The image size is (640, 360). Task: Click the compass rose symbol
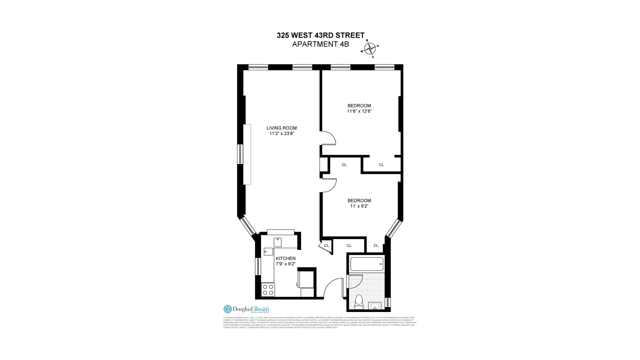[370, 49]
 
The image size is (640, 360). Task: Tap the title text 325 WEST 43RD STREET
[321, 35]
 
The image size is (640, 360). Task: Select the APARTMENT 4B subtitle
[321, 44]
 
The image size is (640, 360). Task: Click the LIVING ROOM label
[281, 128]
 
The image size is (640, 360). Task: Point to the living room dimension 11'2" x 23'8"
[282, 133]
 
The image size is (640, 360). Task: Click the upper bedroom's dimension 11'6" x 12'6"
[359, 111]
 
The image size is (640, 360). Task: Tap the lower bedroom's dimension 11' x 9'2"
[359, 206]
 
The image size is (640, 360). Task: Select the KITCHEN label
[285, 258]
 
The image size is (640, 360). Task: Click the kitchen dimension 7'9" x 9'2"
[286, 264]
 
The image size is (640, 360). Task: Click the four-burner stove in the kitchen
[268, 290]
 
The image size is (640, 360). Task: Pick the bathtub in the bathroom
[367, 264]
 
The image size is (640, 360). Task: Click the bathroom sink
[376, 305]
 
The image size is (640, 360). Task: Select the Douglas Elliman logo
[246, 309]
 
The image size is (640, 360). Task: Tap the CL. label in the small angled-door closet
[327, 246]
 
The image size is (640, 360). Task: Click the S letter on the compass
[373, 57]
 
